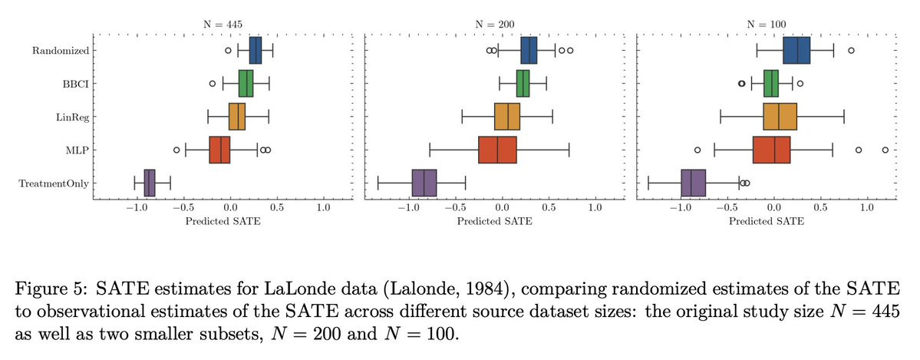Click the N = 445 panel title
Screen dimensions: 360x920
223,25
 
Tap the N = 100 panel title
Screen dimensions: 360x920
767,25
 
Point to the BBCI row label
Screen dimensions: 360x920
74,84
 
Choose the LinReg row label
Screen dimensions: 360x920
69,117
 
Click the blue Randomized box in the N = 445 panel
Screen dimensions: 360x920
256,51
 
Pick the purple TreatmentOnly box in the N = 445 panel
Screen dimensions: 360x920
149,183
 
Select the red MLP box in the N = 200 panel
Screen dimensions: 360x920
497,150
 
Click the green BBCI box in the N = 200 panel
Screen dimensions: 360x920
523,84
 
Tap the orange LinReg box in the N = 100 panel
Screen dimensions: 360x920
780,117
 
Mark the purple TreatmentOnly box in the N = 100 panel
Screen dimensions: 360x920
694,183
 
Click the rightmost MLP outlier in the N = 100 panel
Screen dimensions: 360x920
885,150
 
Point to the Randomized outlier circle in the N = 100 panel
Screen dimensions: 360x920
851,51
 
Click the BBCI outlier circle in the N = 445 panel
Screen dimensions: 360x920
213,84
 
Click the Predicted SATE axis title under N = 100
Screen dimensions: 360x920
767,221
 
